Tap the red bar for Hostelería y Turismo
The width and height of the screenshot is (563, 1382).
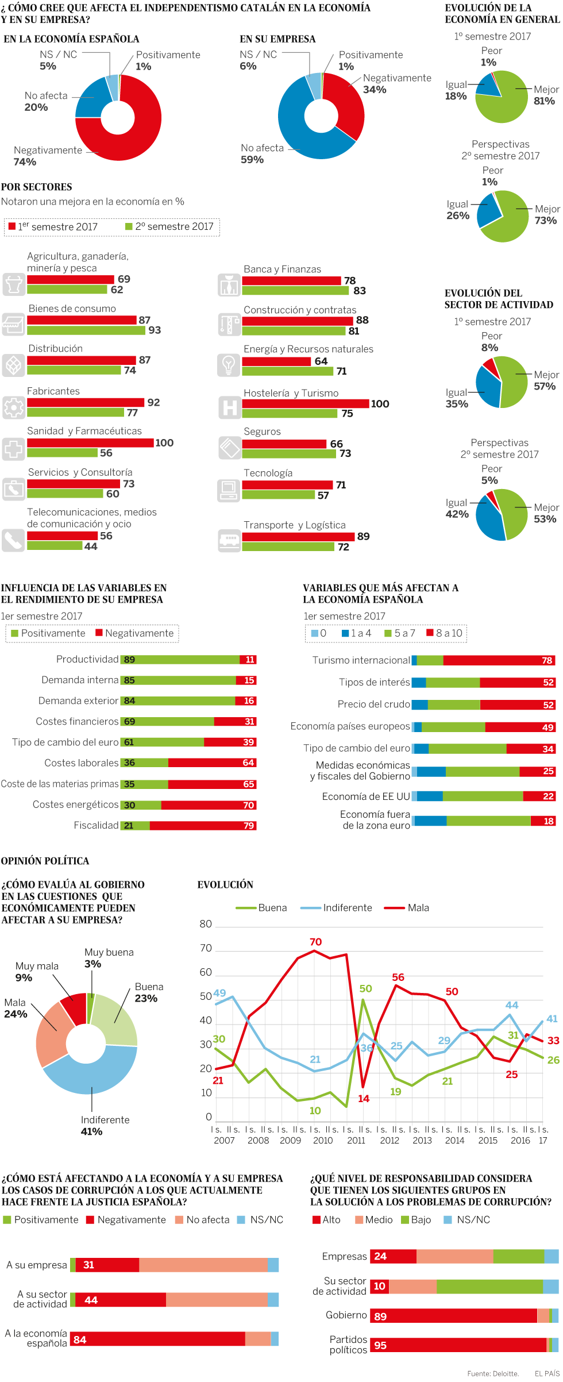[305, 404]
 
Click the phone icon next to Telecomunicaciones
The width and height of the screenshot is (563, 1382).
[13, 541]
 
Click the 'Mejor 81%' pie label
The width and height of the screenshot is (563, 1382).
[545, 95]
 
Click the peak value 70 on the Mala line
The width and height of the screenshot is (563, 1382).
[315, 942]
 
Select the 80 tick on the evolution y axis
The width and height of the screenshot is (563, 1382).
[206, 924]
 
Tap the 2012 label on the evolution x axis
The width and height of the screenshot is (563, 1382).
[390, 1141]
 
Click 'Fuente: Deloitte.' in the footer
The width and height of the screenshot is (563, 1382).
[492, 1374]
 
